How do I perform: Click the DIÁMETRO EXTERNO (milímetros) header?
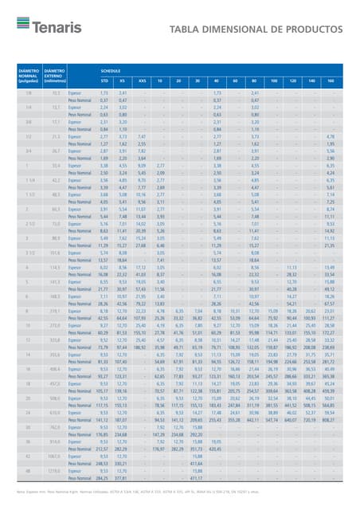(56, 76)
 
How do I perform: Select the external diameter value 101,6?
(54, 252)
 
